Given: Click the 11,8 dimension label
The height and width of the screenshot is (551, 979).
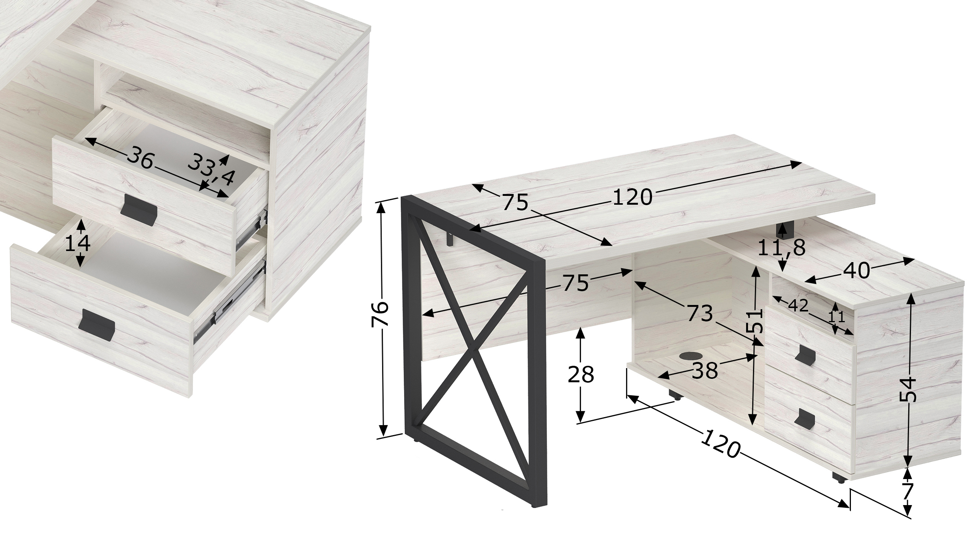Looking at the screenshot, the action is point(782,248).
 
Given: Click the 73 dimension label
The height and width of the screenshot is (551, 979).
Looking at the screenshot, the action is point(700,313).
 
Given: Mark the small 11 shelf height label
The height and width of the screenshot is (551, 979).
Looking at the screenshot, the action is point(837,316).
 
